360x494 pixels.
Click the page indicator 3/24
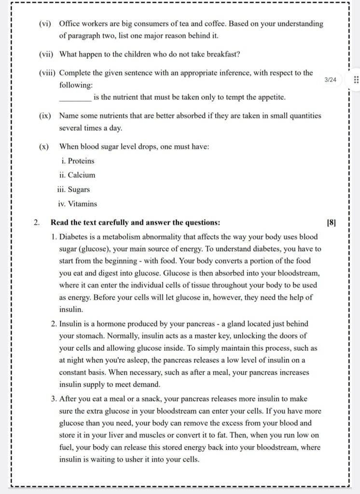point(331,79)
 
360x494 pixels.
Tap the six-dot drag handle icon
point(356,80)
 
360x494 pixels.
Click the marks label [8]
point(331,223)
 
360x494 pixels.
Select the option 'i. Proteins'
point(78,161)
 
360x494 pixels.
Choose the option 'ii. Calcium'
point(78,175)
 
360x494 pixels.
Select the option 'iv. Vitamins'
point(77,204)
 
